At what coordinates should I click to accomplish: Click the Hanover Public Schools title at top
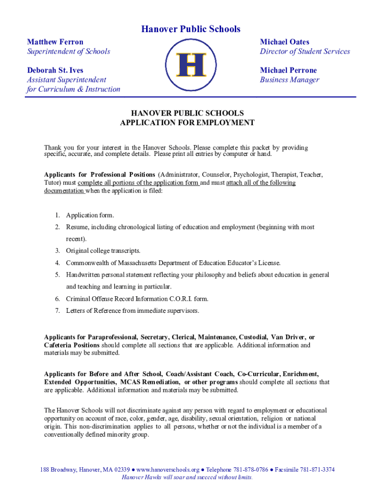190,29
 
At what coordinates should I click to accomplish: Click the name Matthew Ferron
55,42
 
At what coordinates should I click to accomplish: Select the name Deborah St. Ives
55,70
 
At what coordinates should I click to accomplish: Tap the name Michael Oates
284,42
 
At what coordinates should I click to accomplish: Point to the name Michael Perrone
288,70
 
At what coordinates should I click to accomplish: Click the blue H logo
190,65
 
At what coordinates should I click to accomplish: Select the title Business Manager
289,80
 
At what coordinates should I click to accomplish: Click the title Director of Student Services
304,52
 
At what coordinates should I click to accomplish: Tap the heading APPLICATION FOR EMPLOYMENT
187,123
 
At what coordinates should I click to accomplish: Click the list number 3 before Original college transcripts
57,251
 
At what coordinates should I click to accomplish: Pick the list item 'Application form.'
90,215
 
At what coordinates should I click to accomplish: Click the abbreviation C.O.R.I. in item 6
180,299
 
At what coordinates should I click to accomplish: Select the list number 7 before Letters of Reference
57,311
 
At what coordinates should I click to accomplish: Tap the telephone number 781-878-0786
249,470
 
